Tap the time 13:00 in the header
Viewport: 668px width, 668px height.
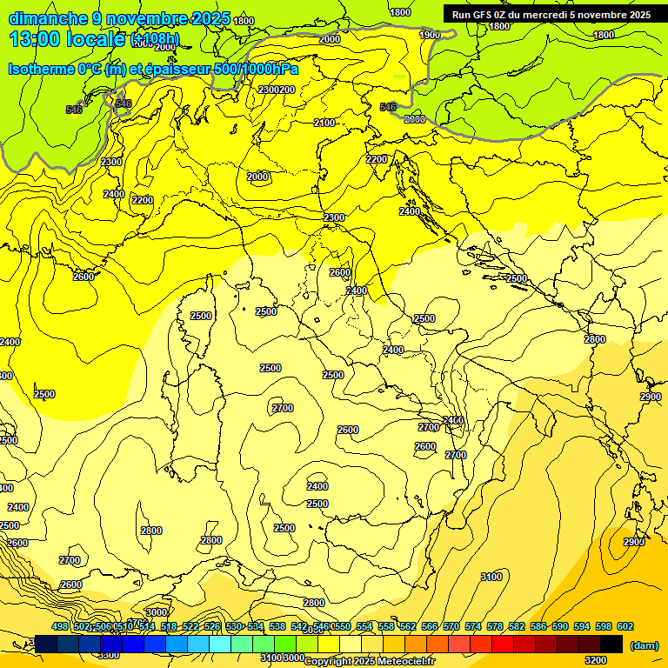tap(34, 38)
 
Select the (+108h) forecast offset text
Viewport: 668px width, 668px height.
tap(155, 38)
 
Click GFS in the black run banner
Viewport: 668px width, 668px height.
tap(483, 14)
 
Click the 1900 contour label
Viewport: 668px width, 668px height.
tap(430, 35)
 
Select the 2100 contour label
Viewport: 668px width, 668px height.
tap(324, 124)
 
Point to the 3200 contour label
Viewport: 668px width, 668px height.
tap(596, 660)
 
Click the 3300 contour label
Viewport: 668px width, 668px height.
tap(109, 655)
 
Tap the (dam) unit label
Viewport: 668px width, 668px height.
tap(644, 645)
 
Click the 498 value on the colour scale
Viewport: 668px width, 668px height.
tap(60, 626)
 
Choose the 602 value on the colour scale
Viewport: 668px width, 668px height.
tap(625, 626)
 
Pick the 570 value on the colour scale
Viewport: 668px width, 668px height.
tap(451, 626)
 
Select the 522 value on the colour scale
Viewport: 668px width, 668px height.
tap(190, 626)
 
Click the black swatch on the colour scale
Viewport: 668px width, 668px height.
tap(611, 644)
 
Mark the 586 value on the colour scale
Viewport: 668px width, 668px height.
tap(538, 626)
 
